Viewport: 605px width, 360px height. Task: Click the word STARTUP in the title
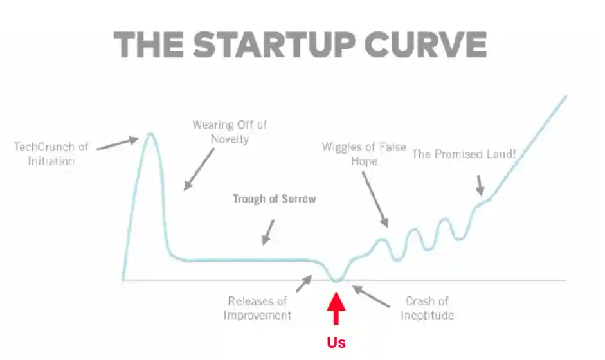(275, 45)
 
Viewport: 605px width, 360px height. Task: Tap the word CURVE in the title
(426, 45)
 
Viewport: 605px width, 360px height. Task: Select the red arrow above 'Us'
(336, 309)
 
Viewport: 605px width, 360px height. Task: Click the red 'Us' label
(336, 342)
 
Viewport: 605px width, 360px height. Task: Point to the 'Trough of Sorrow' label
(275, 199)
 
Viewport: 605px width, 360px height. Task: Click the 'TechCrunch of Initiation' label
(51, 154)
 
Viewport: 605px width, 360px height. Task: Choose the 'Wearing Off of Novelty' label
(230, 132)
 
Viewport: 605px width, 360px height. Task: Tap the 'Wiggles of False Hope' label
(364, 154)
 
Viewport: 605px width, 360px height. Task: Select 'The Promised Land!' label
(464, 154)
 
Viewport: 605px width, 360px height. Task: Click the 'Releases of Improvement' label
(257, 309)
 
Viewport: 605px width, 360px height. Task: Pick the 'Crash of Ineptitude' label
(427, 309)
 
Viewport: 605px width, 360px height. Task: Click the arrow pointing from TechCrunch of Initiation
(117, 143)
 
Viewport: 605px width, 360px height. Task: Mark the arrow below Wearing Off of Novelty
(199, 169)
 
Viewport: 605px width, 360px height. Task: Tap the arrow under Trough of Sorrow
(268, 232)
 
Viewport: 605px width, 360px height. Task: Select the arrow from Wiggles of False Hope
(375, 199)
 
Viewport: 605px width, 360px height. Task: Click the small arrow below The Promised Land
(480, 186)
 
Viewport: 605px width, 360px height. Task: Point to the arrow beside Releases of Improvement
(303, 283)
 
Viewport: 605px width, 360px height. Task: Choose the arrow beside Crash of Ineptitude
(371, 296)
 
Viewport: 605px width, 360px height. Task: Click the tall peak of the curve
(150, 134)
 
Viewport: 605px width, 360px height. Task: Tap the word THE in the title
(149, 45)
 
